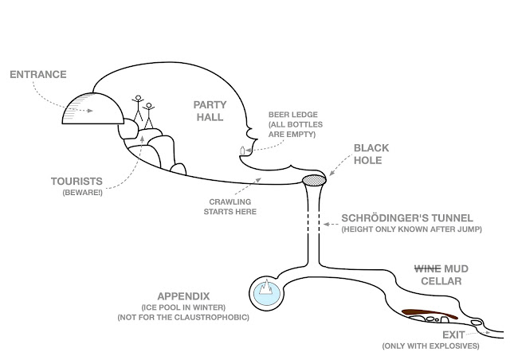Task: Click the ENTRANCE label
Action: (x=37, y=76)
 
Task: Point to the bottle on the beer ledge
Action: (x=241, y=149)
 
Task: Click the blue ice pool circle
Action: (x=265, y=292)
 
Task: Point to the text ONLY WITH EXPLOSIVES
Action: (x=430, y=347)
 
